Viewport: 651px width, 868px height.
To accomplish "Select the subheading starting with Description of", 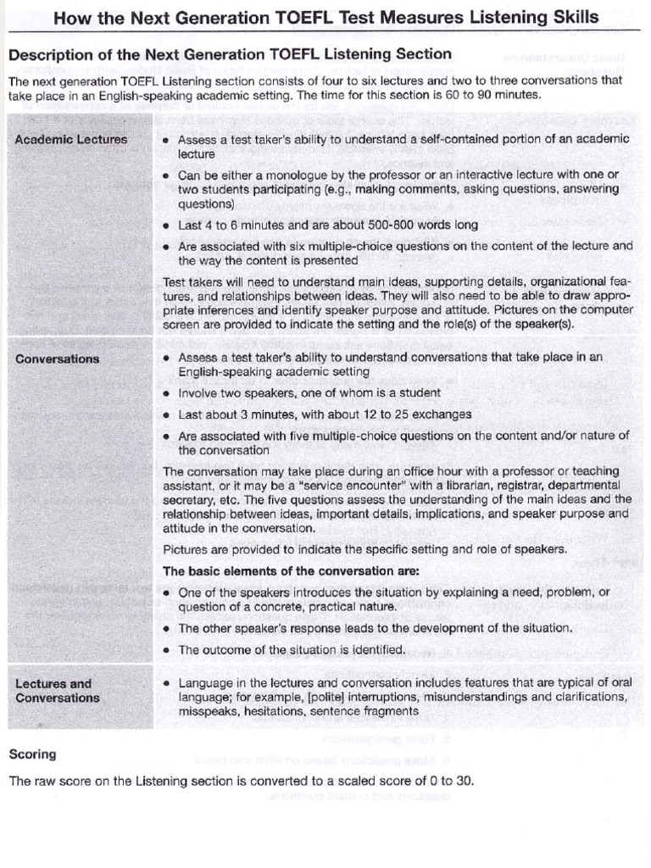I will (x=230, y=54).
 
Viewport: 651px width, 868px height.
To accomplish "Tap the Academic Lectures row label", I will (x=71, y=139).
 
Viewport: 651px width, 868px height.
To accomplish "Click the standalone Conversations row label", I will (x=58, y=359).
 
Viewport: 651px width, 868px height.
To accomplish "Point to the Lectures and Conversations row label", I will (x=58, y=690).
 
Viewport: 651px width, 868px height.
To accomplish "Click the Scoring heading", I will (x=32, y=754).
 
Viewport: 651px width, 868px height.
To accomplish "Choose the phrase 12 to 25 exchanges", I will (x=400, y=415).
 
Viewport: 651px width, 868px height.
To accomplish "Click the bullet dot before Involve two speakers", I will (x=166, y=393).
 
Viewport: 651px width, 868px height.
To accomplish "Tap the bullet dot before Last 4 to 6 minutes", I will (x=166, y=225).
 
